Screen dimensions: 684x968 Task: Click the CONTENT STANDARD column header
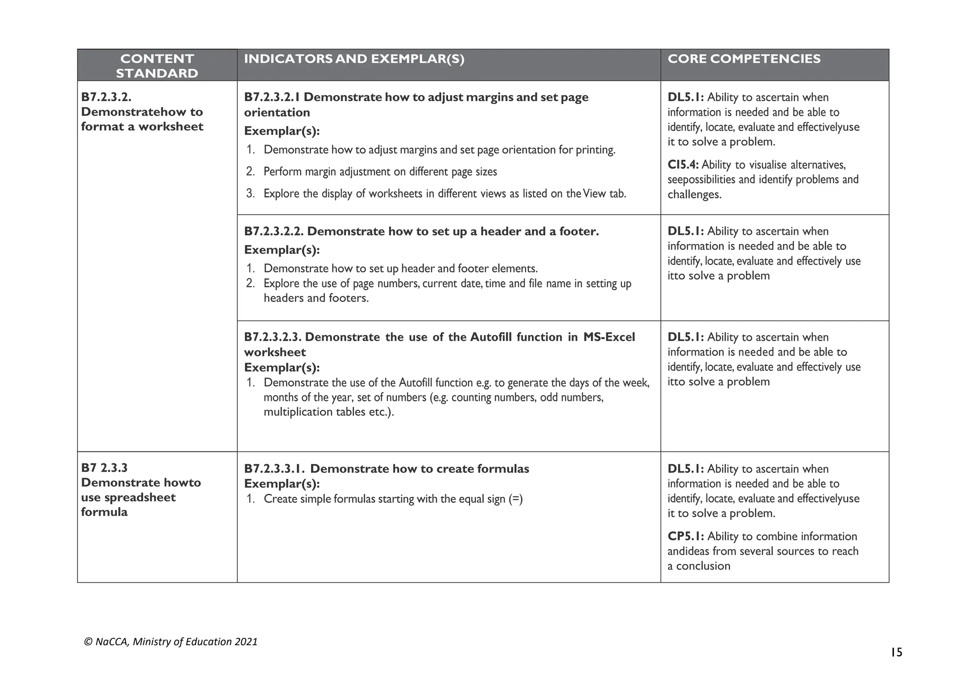pyautogui.click(x=157, y=66)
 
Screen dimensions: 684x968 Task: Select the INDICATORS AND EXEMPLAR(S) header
pyautogui.click(x=354, y=59)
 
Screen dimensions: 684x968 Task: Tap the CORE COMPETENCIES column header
pyautogui.click(x=744, y=59)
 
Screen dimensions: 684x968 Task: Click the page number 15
pyautogui.click(x=896, y=653)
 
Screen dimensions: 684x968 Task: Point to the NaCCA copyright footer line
pyautogui.click(x=171, y=642)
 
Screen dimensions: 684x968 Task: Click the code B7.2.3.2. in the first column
pyautogui.click(x=106, y=97)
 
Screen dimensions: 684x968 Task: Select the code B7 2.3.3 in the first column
pyautogui.click(x=104, y=468)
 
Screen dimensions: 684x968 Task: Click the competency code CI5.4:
pyautogui.click(x=683, y=165)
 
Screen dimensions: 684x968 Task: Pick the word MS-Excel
pyautogui.click(x=609, y=337)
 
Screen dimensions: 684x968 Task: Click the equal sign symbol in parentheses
pyautogui.click(x=516, y=499)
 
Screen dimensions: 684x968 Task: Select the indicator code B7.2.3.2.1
pyautogui.click(x=272, y=97)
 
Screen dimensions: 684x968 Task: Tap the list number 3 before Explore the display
pyautogui.click(x=250, y=194)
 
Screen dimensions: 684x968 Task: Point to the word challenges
pyautogui.click(x=694, y=195)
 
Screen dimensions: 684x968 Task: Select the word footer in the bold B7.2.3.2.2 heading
pyautogui.click(x=578, y=232)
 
